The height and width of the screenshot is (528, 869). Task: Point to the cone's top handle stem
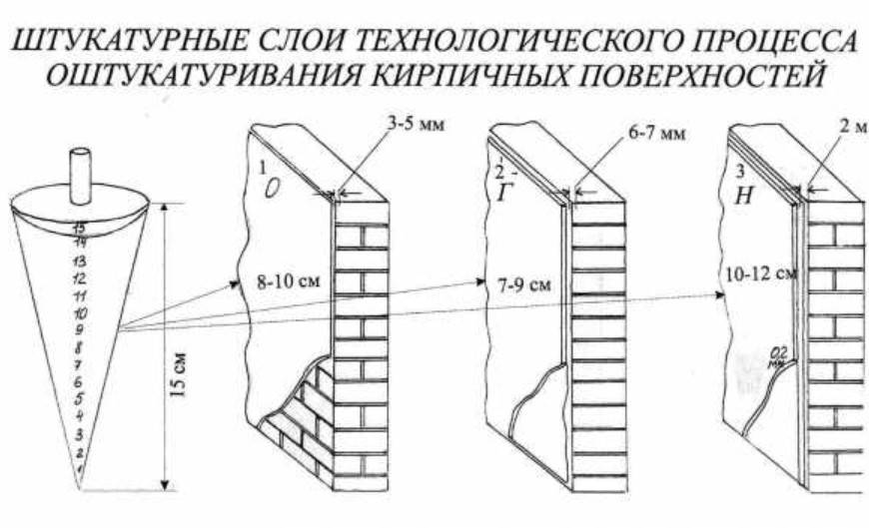coord(80,169)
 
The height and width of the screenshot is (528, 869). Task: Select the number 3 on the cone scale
coord(79,434)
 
